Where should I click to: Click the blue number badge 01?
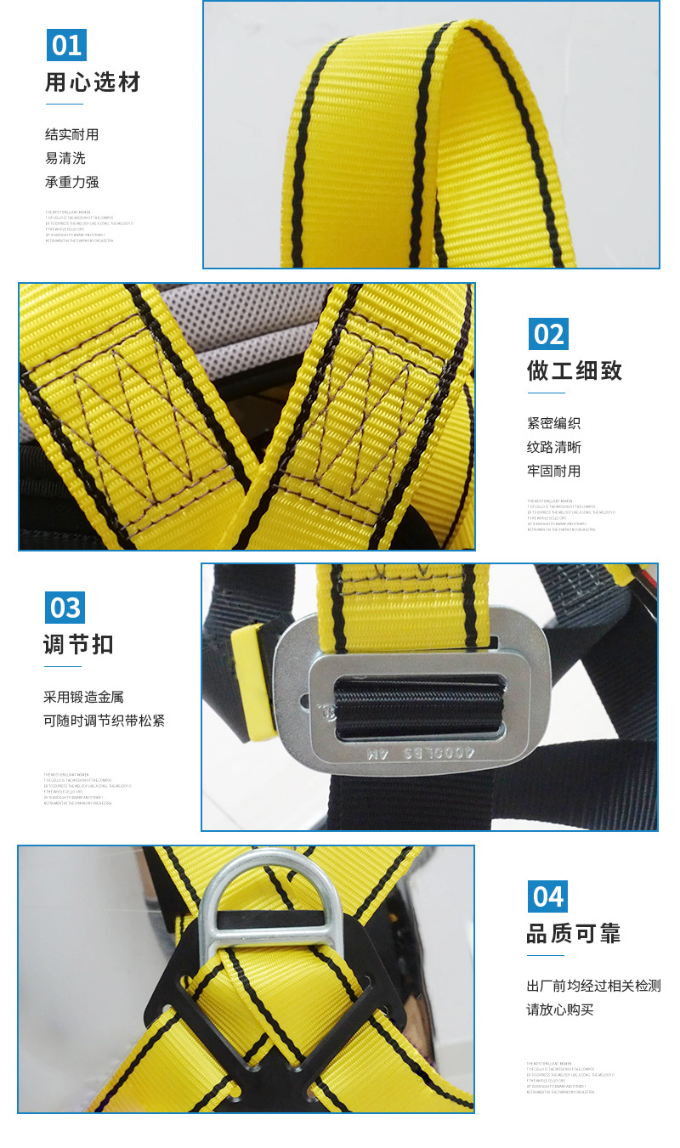click(66, 45)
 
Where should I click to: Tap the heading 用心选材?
click(93, 82)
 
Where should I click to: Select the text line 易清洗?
click(65, 158)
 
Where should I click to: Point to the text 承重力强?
click(72, 182)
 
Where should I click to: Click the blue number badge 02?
click(548, 334)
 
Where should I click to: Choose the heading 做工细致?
click(575, 370)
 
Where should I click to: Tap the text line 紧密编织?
click(553, 423)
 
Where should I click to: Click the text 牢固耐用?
click(553, 471)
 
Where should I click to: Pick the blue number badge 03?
click(65, 608)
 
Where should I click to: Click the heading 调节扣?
click(78, 645)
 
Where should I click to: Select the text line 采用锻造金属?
click(83, 697)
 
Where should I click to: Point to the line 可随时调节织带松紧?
click(104, 721)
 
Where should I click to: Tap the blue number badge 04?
click(547, 896)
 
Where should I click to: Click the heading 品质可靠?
click(574, 934)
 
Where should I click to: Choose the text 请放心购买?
click(560, 1009)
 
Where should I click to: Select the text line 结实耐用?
click(72, 134)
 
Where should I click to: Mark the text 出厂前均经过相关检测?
click(593, 986)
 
